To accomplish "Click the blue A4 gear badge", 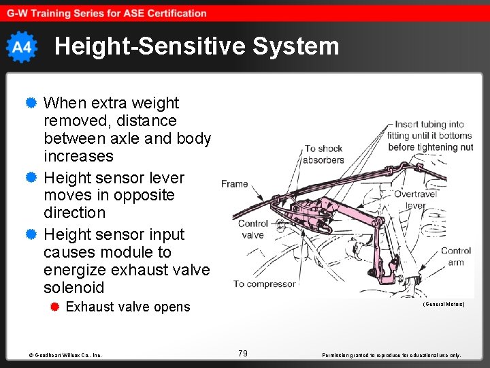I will coord(22,47).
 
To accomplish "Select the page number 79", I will coord(243,353).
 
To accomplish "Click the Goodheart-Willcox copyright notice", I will coord(65,355).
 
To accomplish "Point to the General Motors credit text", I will coord(444,304).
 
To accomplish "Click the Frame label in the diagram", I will coord(234,184).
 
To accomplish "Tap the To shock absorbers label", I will coord(324,154).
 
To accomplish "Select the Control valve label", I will coord(252,229).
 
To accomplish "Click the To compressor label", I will coord(265,283).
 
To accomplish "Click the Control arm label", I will coord(455,256).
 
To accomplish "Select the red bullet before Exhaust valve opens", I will coord(56,307).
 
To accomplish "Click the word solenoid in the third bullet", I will coord(74,287).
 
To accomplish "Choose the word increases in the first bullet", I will coord(78,156).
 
